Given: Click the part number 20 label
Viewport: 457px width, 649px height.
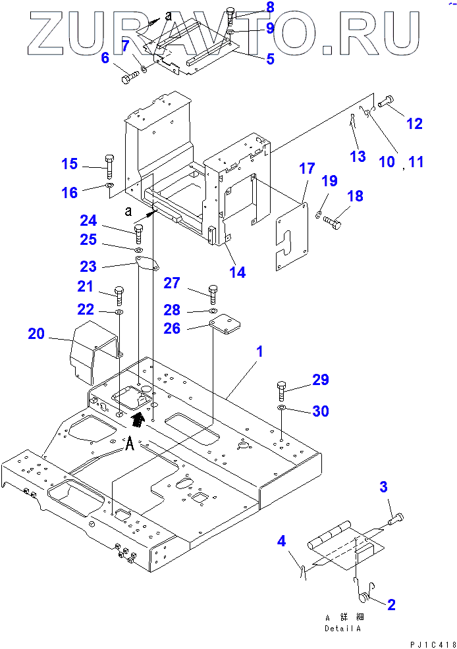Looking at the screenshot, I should (x=36, y=334).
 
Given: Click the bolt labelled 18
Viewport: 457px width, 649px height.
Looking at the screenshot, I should (x=333, y=224).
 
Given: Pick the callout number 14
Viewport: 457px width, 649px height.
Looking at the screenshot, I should (x=238, y=271).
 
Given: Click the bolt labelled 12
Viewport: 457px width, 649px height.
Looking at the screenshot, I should (x=386, y=100).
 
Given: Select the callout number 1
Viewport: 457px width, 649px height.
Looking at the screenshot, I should (x=259, y=351).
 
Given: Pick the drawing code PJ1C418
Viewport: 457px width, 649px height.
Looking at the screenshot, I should (x=427, y=642).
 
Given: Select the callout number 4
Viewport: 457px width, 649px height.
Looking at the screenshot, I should (x=281, y=542).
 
